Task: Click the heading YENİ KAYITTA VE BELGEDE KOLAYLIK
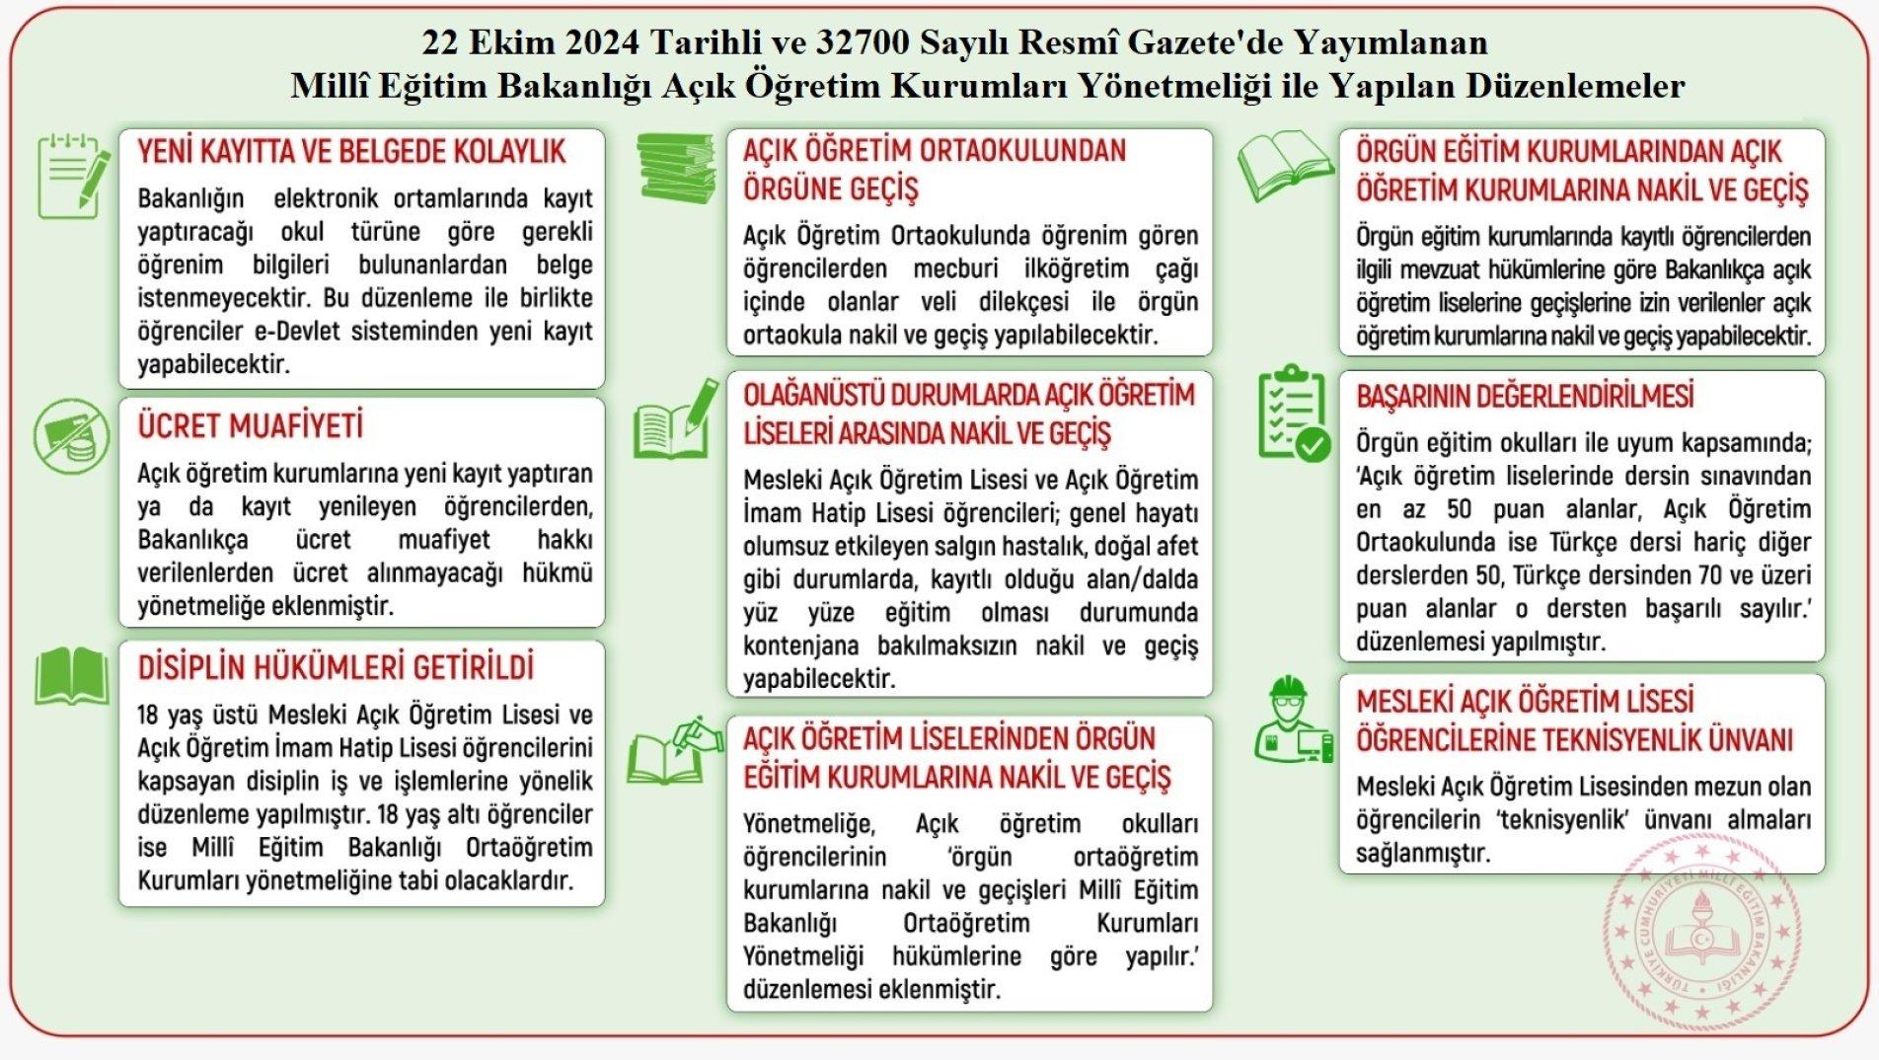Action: (351, 151)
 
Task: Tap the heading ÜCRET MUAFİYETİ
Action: (250, 425)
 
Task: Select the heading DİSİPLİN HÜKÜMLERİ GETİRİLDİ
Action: (336, 667)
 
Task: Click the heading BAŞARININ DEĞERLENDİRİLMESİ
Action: (1525, 396)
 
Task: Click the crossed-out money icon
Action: (72, 436)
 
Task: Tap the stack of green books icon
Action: (675, 168)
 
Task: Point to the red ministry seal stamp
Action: (1701, 932)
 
